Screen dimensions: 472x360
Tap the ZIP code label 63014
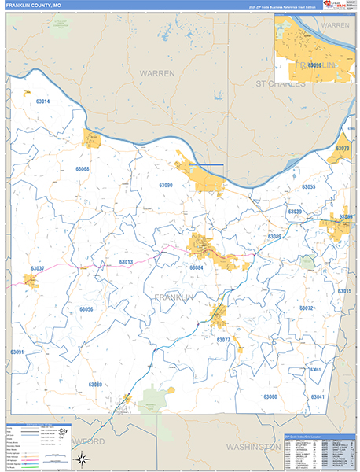[x=42, y=101]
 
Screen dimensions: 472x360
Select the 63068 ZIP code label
[x=83, y=169]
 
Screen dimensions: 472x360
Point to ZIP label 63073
[x=342, y=149]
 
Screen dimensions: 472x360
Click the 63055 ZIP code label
[x=308, y=186]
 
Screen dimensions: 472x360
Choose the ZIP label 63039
[x=294, y=212]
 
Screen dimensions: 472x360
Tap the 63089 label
[x=274, y=237]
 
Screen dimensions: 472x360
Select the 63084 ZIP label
[x=196, y=267]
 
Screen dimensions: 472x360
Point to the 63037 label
[x=38, y=269]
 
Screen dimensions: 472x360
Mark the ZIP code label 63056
[x=86, y=309]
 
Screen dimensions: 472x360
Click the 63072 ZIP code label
[x=306, y=308]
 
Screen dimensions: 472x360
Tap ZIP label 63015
[x=343, y=291]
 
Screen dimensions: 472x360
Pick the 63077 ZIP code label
[x=222, y=340]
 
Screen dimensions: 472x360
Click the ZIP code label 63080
[x=95, y=384]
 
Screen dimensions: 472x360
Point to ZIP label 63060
[x=270, y=396]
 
